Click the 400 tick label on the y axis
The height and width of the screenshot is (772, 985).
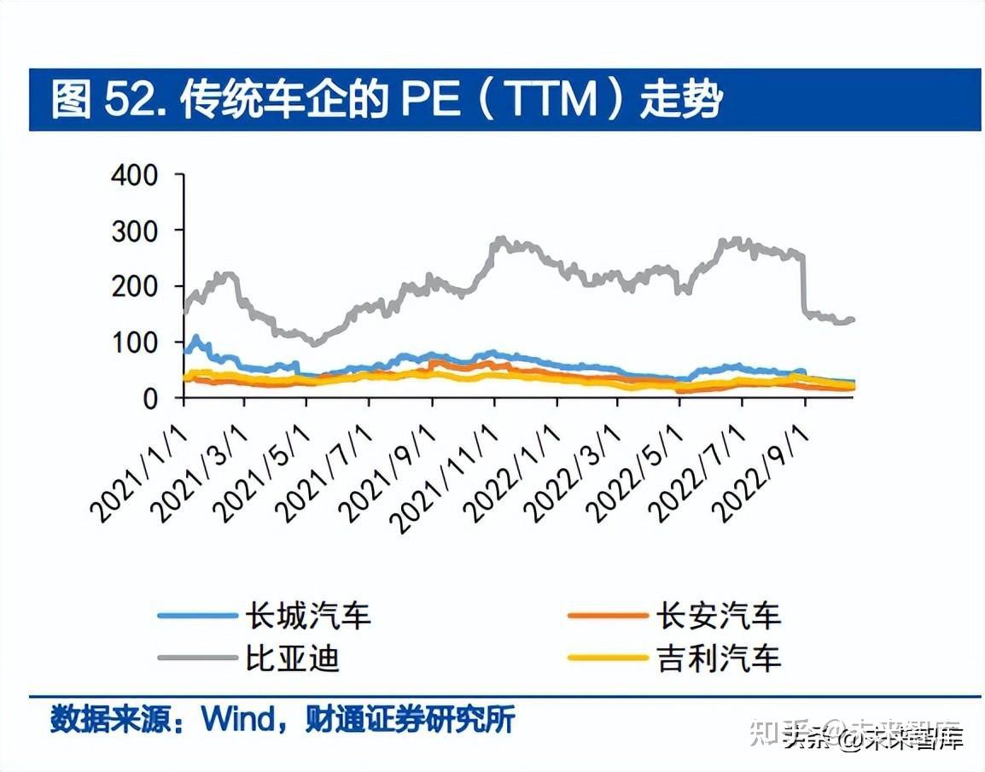coord(135,176)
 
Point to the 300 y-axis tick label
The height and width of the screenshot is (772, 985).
coord(135,231)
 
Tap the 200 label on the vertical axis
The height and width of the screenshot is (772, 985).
coord(135,287)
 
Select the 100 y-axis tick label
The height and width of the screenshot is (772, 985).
coord(135,342)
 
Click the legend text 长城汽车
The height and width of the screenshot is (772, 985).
coord(308,616)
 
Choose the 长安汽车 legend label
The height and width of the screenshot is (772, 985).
coord(719,616)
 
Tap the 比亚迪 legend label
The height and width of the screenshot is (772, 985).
coord(293,658)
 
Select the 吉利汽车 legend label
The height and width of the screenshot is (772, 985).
coord(719,658)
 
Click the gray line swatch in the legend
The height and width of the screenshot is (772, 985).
coord(197,658)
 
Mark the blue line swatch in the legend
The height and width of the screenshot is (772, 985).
coord(197,616)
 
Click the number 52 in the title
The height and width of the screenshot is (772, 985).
coord(129,100)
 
